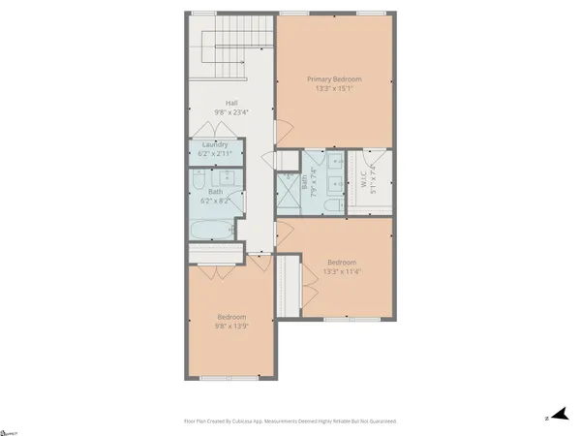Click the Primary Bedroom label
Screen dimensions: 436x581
tap(336, 78)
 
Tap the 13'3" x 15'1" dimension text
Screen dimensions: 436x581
tap(336, 88)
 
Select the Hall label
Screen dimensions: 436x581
tap(232, 102)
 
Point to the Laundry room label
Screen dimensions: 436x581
tap(215, 145)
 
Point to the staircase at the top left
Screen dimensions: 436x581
tap(233, 48)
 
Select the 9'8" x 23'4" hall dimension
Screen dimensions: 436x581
tap(232, 111)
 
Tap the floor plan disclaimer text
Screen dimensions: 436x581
tap(290, 421)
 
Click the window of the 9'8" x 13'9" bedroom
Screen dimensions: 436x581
tap(233, 379)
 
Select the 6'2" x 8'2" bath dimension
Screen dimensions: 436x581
tap(215, 202)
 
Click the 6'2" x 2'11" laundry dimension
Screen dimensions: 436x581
tap(215, 154)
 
